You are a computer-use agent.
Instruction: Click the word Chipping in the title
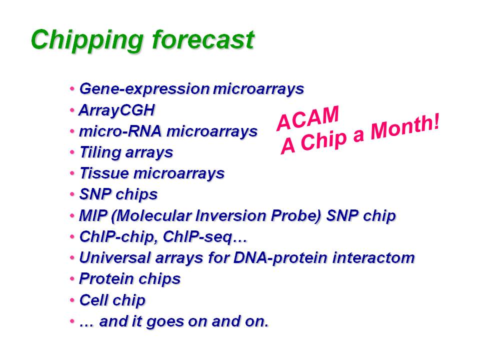(x=87, y=41)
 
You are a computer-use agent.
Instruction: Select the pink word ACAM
(x=307, y=118)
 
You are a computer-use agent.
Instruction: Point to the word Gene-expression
(x=144, y=89)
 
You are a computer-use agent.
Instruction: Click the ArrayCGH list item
(x=117, y=110)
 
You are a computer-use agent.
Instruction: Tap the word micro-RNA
(x=120, y=131)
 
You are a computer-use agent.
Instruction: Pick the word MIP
(x=93, y=215)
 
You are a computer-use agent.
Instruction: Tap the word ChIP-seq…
(x=205, y=237)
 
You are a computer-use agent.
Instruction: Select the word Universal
(x=115, y=257)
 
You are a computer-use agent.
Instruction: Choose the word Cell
(x=93, y=299)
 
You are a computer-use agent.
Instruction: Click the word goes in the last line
(x=164, y=322)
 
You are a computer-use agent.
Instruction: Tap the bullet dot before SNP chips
(x=72, y=194)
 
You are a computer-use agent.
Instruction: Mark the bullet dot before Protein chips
(x=72, y=279)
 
